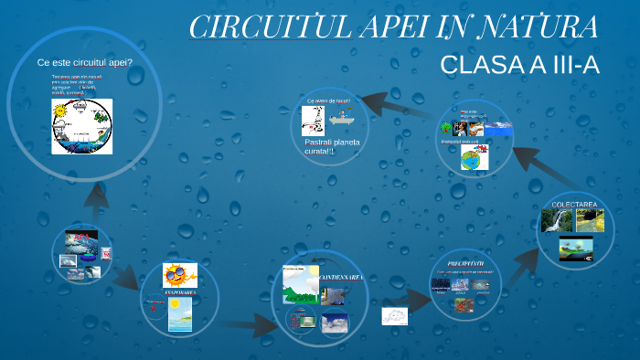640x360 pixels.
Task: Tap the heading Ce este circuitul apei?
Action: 84,62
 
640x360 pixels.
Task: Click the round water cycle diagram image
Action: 81,126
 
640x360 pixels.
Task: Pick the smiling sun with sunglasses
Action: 179,275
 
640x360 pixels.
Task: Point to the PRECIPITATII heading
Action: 464,260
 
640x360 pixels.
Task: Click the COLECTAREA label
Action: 574,203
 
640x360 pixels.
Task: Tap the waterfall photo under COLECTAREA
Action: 556,220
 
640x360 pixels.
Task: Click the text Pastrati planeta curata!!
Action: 332,146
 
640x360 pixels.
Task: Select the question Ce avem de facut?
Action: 328,101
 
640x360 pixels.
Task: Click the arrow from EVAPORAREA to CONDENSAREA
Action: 247,323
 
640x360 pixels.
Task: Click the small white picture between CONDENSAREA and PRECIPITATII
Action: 395,316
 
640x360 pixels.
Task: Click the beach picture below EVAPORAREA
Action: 179,313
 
